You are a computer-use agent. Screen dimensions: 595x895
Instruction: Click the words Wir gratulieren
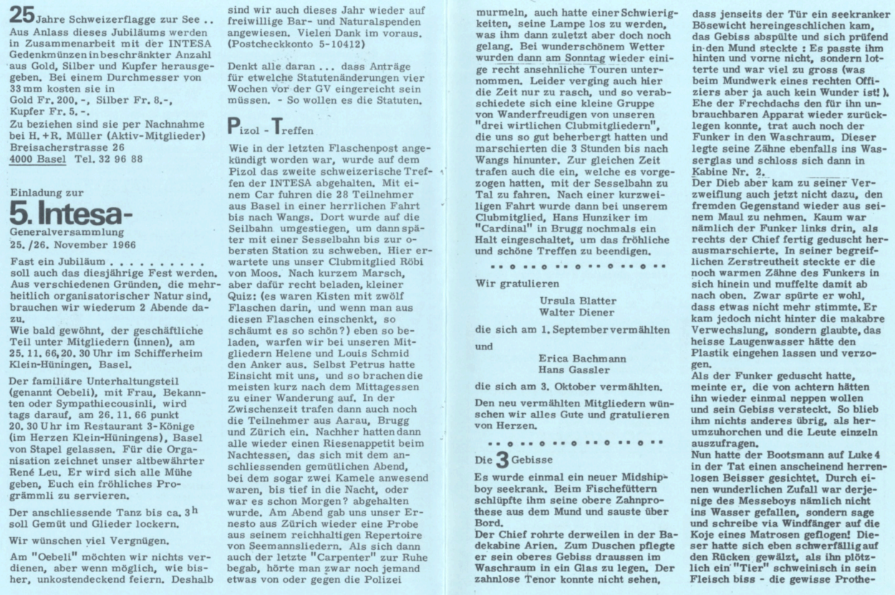tap(512, 282)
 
